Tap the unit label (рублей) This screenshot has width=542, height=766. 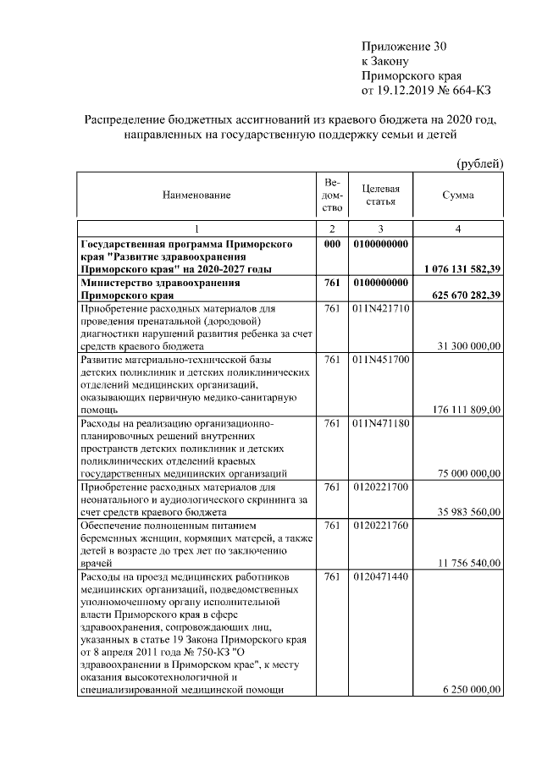coord(480,163)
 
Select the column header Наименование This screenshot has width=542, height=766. coord(196,196)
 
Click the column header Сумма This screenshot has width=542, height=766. coord(458,195)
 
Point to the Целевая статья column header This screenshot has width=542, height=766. coord(380,196)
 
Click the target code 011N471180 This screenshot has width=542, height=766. coord(380,422)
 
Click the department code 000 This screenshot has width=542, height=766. coord(332,244)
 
